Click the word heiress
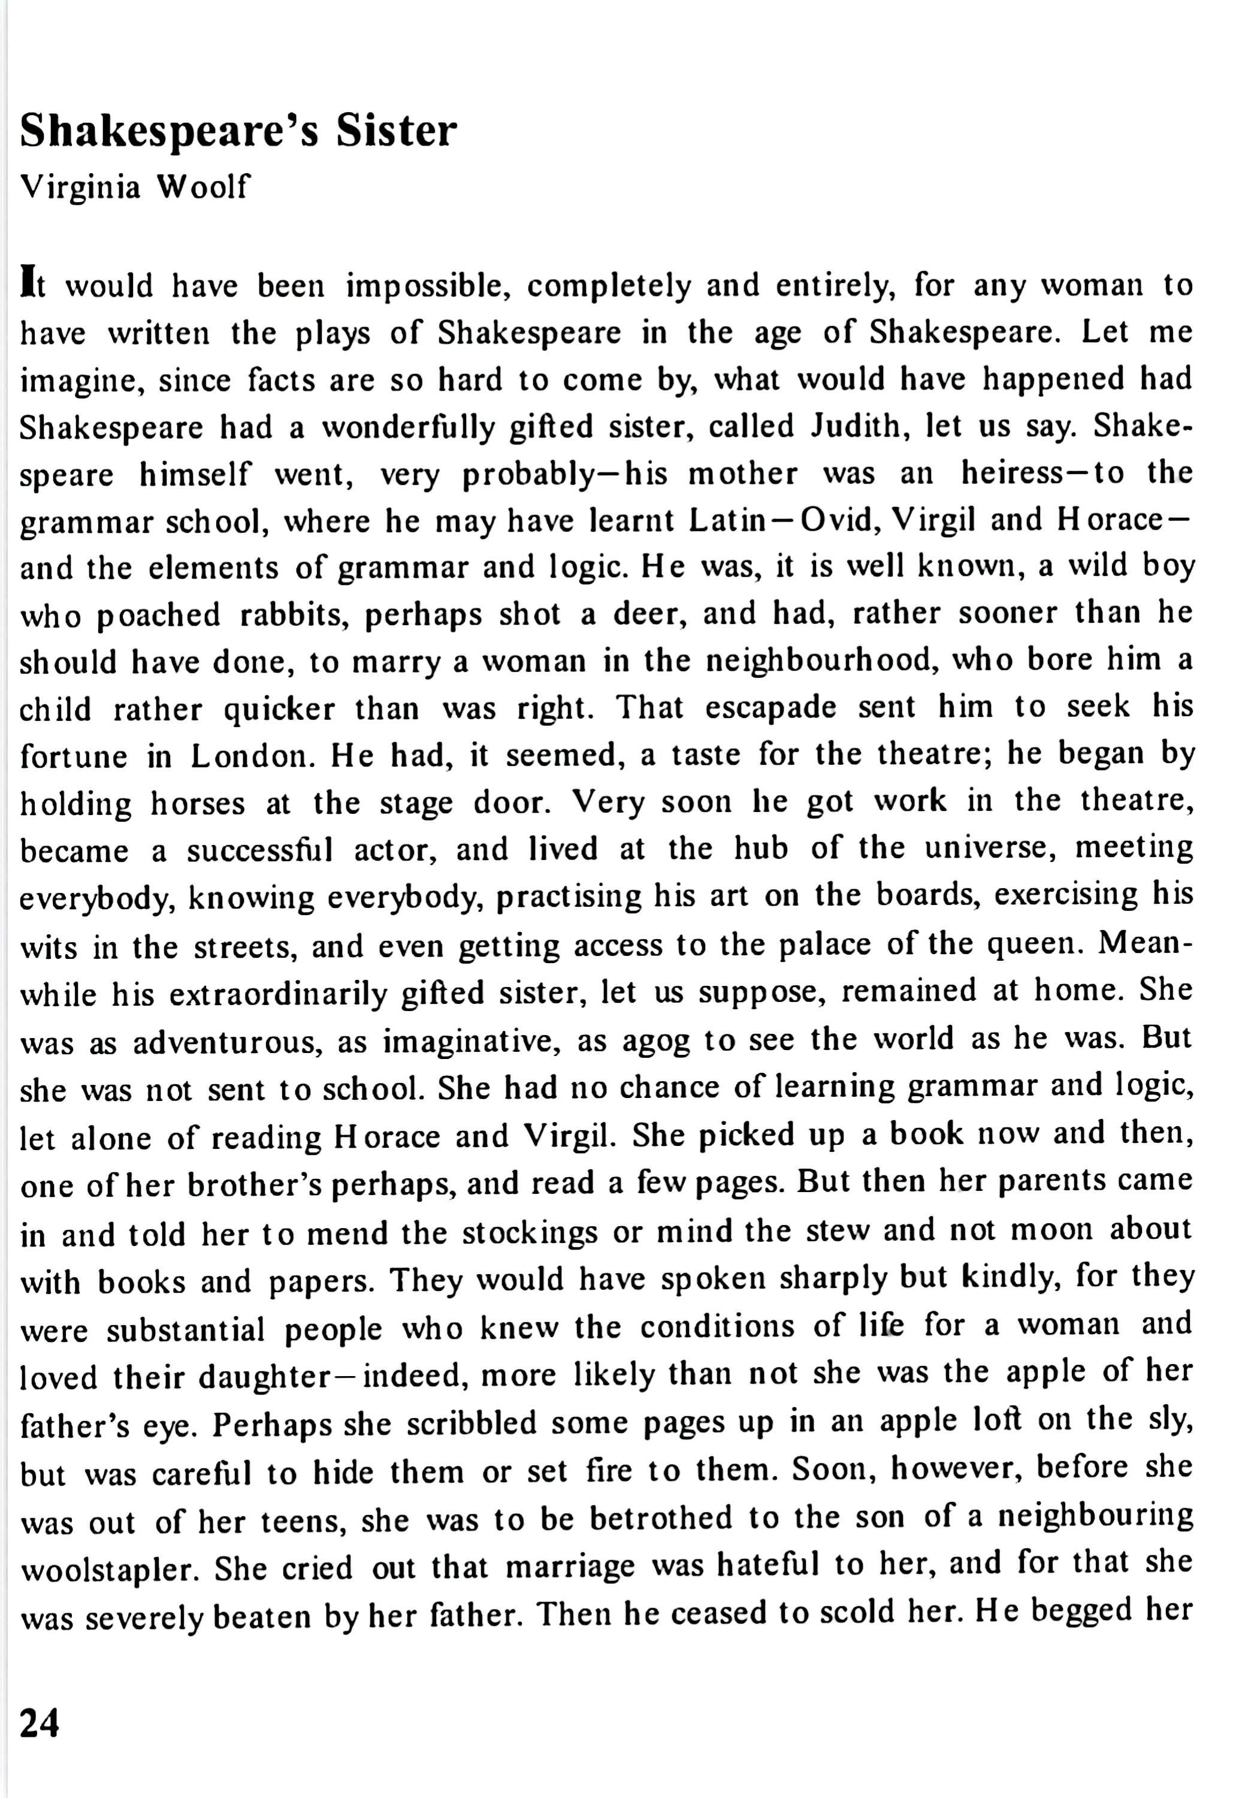1010,473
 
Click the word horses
198,803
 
